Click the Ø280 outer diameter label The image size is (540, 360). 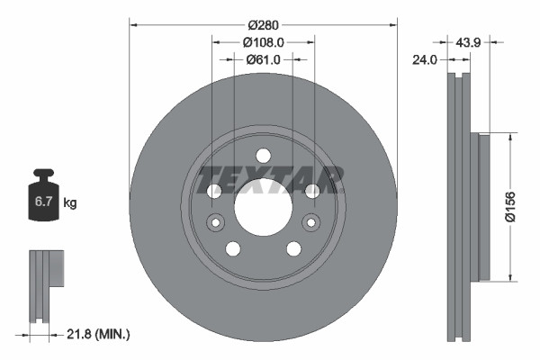(263, 24)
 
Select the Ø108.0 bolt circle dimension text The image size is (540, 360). (263, 41)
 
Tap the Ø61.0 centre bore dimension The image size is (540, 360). (263, 59)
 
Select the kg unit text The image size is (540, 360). (70, 203)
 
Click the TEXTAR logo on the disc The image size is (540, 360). (269, 179)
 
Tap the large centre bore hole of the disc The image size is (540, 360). (263, 207)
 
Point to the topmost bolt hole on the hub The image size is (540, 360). (263, 155)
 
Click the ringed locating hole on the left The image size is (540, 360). (216, 222)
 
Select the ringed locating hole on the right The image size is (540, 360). (310, 222)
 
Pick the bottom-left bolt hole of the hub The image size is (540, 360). (233, 248)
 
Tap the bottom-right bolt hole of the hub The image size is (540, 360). (293, 248)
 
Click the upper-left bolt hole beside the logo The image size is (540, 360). (214, 191)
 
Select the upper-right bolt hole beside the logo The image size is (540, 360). (311, 191)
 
